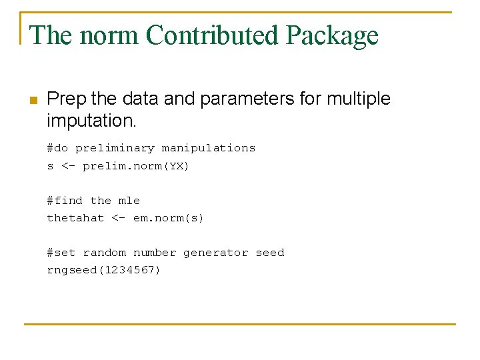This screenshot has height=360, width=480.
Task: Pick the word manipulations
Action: pos(209,148)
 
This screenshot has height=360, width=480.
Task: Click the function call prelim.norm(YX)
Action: pos(136,166)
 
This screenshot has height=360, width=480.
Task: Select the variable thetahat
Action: pos(75,218)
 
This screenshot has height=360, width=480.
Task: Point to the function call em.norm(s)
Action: pos(169,218)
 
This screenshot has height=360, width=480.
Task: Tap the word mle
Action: pos(129,201)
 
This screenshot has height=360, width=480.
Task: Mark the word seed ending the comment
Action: pos(269,253)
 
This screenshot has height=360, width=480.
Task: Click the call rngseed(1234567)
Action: pos(103,270)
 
